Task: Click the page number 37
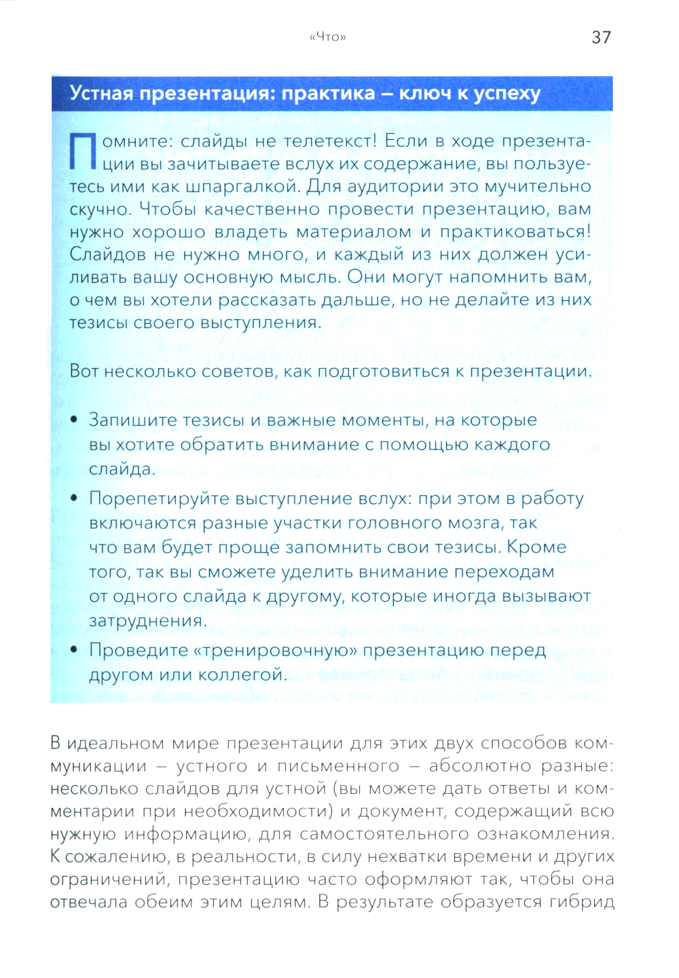(601, 37)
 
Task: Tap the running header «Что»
(327, 37)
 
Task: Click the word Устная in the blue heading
(102, 93)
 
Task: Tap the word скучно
(100, 209)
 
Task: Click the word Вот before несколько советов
(84, 372)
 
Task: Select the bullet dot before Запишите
(74, 420)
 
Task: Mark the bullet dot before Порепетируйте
(74, 499)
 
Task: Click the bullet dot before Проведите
(74, 650)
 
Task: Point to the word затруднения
(148, 621)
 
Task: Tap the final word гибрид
(583, 902)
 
